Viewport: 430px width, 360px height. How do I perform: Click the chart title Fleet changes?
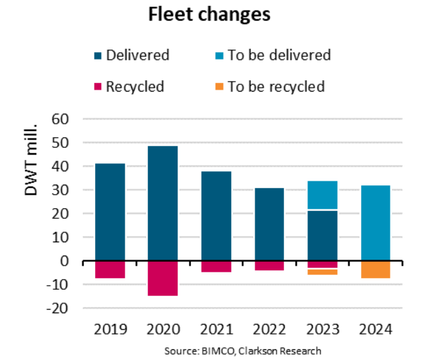tap(209, 15)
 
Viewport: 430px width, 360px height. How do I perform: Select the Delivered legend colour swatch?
tap(98, 55)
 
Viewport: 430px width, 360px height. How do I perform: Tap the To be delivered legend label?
tap(279, 55)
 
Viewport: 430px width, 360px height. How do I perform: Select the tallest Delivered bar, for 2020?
tap(163, 203)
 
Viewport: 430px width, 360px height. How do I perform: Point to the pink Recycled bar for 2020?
tap(163, 278)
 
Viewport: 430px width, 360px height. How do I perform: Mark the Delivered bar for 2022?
tap(269, 224)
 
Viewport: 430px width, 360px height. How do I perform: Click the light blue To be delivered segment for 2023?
tap(322, 195)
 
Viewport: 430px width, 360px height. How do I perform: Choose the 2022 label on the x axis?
tap(269, 330)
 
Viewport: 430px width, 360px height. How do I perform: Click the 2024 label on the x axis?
tap(375, 330)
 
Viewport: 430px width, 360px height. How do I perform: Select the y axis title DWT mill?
tap(32, 155)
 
